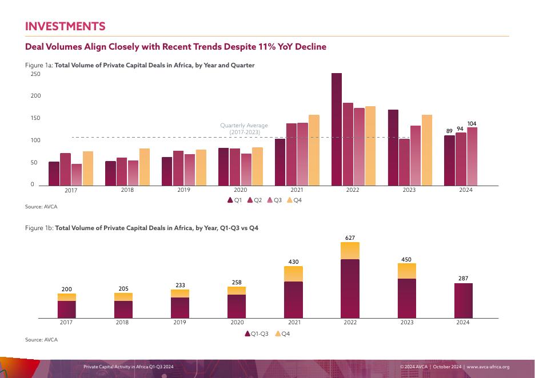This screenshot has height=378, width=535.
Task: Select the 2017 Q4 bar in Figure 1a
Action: [x=87, y=168]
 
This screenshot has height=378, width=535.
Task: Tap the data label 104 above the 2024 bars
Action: [x=472, y=124]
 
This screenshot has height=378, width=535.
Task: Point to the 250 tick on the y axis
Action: [x=35, y=74]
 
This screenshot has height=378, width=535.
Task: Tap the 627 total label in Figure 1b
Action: [x=350, y=237]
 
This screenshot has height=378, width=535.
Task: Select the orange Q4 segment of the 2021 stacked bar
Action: [x=293, y=274]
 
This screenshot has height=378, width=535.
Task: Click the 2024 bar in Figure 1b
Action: [x=463, y=300]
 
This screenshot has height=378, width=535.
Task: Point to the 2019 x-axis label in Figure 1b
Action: [x=179, y=323]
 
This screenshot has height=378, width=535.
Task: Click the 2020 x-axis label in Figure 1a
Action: [x=240, y=190]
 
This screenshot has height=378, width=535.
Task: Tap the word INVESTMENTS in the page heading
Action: [x=65, y=26]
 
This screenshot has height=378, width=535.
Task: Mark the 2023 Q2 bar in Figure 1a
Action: [x=404, y=162]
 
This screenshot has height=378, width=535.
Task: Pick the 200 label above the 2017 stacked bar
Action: [x=66, y=289]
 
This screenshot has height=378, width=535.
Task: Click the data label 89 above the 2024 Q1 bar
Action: [x=449, y=131]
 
